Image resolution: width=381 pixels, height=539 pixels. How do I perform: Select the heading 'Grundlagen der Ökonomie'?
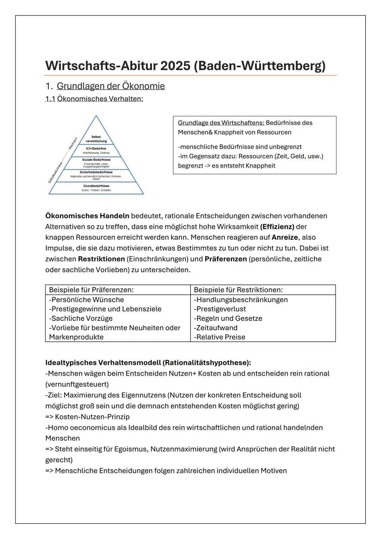pyautogui.click(x=110, y=86)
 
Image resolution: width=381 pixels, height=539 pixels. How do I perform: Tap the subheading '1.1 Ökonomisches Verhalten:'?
pyautogui.click(x=94, y=99)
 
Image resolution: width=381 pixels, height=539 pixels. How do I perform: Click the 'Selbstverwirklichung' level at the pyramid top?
pyautogui.click(x=96, y=139)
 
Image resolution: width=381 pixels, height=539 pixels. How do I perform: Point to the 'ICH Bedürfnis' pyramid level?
pyautogui.click(x=96, y=150)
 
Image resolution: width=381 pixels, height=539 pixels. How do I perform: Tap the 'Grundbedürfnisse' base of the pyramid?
pyautogui.click(x=96, y=187)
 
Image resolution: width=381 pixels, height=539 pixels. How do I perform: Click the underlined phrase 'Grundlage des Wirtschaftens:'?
pyautogui.click(x=221, y=123)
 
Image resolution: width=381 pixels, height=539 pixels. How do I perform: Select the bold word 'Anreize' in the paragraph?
pyautogui.click(x=284, y=237)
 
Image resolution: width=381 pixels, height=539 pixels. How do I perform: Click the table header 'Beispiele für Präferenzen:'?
pyautogui.click(x=91, y=290)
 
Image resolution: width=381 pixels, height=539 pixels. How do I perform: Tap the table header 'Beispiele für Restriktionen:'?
pyautogui.click(x=238, y=290)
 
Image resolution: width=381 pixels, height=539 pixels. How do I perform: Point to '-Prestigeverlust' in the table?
pyautogui.click(x=220, y=309)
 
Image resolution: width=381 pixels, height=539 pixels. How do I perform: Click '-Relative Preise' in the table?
pyautogui.click(x=219, y=337)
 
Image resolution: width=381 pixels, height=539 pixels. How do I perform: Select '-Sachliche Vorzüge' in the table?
pyautogui.click(x=81, y=318)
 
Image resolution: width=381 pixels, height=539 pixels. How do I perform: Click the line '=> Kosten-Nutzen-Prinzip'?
pyautogui.click(x=87, y=417)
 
